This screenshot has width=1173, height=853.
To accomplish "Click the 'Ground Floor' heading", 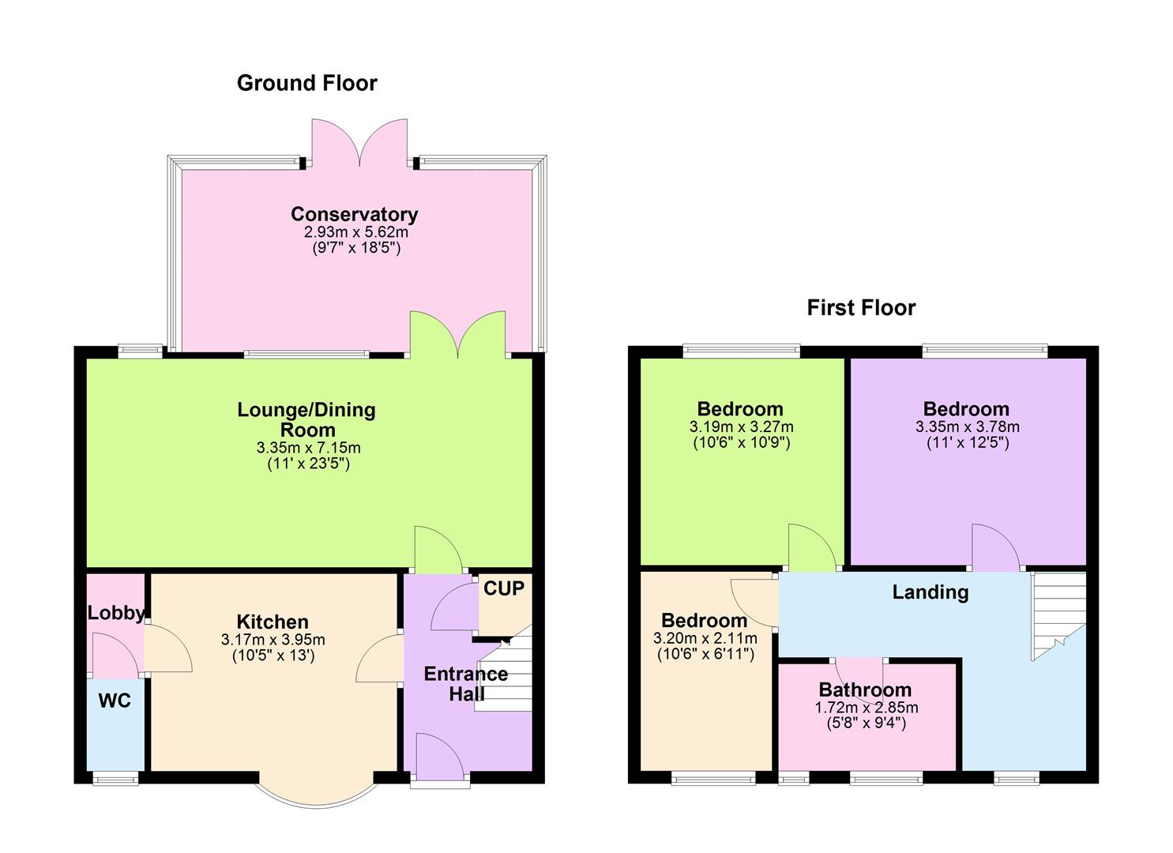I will [306, 83].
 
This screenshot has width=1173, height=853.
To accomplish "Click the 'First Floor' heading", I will [861, 307].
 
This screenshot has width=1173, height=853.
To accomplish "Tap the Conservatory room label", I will [354, 214].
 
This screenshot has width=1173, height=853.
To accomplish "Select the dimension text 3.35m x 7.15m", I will [308, 448].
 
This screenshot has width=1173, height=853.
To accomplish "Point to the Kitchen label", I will [273, 622].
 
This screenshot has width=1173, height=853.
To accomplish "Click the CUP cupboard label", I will [504, 588].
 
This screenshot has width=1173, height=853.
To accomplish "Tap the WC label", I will [115, 701].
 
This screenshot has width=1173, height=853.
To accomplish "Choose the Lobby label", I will [115, 613].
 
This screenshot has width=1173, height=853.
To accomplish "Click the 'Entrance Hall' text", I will [466, 684].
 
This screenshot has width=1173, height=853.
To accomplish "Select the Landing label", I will [930, 592].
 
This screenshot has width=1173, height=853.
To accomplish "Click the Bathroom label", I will [865, 690].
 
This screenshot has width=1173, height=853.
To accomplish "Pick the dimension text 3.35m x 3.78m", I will [967, 426].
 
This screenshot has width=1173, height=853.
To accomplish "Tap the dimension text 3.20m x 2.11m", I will [705, 638].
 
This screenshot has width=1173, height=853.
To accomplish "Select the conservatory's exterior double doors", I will [360, 142].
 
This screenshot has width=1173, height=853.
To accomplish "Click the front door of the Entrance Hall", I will [440, 758].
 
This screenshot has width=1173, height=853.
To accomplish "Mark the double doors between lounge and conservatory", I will [457, 336].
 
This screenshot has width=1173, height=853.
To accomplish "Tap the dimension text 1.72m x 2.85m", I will [866, 708].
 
